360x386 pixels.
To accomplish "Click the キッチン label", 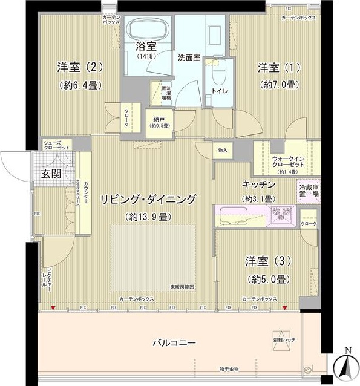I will [259, 184].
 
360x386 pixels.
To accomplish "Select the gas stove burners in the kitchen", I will [280, 212].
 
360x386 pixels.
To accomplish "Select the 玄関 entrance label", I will [50, 174].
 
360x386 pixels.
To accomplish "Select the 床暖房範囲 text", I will [182, 287].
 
